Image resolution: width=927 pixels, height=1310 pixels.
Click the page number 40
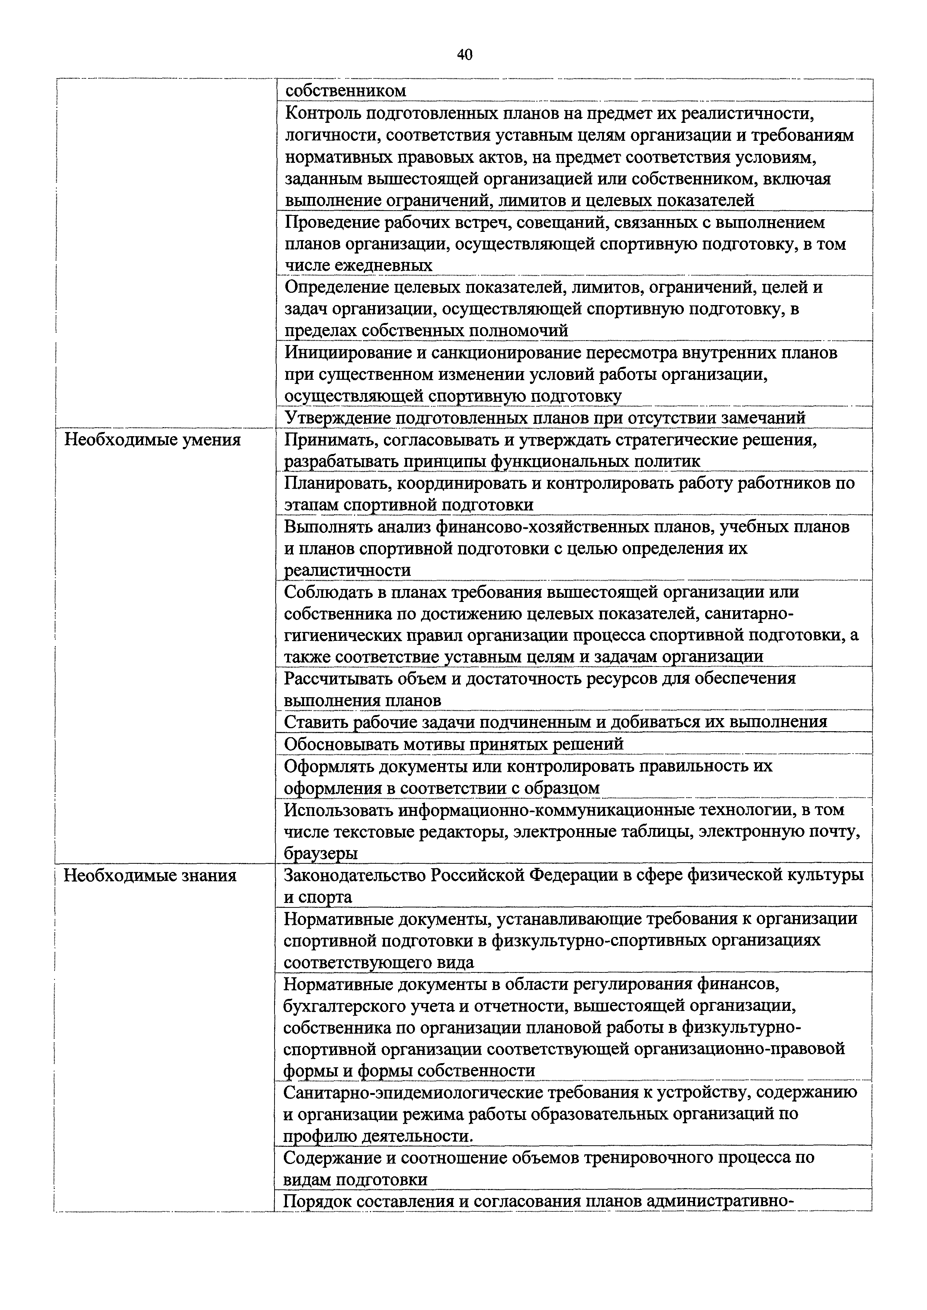(x=465, y=55)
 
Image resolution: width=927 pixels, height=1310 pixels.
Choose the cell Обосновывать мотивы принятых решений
(x=454, y=744)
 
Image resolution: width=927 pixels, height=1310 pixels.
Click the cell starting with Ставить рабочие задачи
(x=555, y=722)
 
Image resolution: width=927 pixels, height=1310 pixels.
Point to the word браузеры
(x=321, y=854)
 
